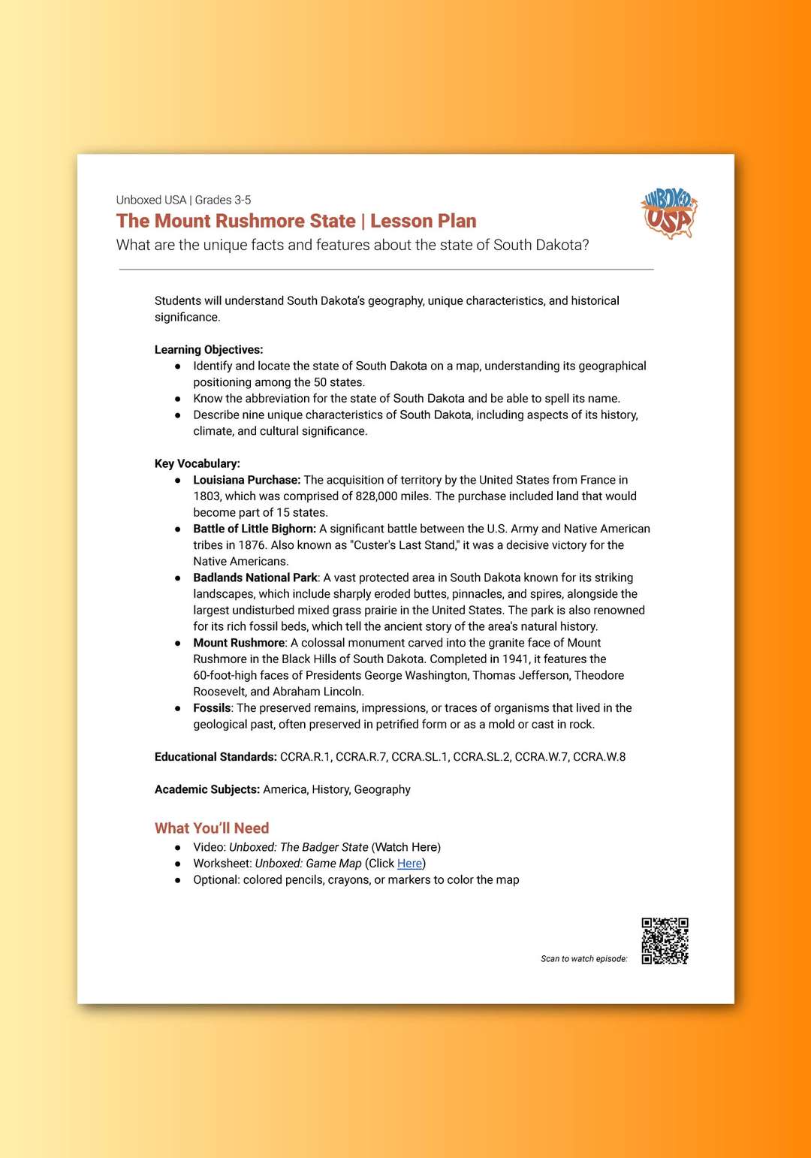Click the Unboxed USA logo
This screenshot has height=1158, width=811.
(x=668, y=213)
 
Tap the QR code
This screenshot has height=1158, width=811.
(x=665, y=940)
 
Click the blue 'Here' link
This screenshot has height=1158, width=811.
(x=409, y=864)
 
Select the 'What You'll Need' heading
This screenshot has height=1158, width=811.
(x=212, y=828)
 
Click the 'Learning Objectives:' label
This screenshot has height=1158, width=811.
(x=209, y=349)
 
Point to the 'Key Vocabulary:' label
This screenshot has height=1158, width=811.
(x=197, y=463)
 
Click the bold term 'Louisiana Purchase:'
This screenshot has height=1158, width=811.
(x=246, y=480)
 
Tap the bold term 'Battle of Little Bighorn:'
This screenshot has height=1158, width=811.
(x=255, y=529)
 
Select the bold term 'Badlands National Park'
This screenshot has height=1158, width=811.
(x=255, y=577)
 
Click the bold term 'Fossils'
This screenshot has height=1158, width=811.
(x=212, y=708)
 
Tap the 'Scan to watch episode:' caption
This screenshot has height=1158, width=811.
(x=583, y=959)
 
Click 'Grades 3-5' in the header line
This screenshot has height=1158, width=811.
(x=223, y=200)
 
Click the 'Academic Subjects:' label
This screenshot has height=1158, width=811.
(x=207, y=789)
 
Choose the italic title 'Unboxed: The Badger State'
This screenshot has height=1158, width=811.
(x=298, y=847)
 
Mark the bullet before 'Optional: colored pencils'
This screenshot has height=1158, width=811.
(x=178, y=880)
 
